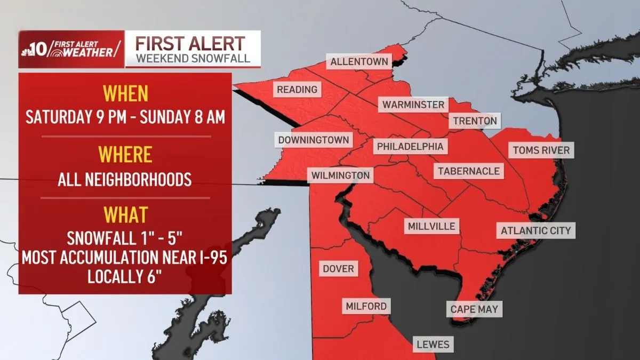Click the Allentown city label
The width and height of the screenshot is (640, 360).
point(359,62)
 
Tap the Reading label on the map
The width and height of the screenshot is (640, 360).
point(297,89)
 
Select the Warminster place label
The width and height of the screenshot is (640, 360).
point(413,105)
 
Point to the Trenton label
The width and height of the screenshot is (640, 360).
point(475,121)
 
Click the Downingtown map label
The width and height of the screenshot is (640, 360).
point(314,140)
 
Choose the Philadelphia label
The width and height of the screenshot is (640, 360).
point(410,146)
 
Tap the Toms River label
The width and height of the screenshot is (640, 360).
point(541,150)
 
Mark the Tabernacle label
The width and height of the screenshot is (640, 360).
point(469,171)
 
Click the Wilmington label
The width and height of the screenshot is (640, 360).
point(341,175)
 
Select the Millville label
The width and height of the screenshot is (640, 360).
point(431,226)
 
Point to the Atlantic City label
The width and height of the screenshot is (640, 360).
point(535,231)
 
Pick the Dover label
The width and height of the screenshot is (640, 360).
point(338,268)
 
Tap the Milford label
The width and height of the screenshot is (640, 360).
point(366,306)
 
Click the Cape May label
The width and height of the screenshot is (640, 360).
point(474,309)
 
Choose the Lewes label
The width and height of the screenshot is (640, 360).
point(434,345)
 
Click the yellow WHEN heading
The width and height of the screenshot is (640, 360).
point(125,94)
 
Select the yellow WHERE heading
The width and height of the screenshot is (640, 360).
point(125,155)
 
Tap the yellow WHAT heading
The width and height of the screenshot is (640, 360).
point(125,215)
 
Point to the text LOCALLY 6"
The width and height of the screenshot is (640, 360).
point(125,277)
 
